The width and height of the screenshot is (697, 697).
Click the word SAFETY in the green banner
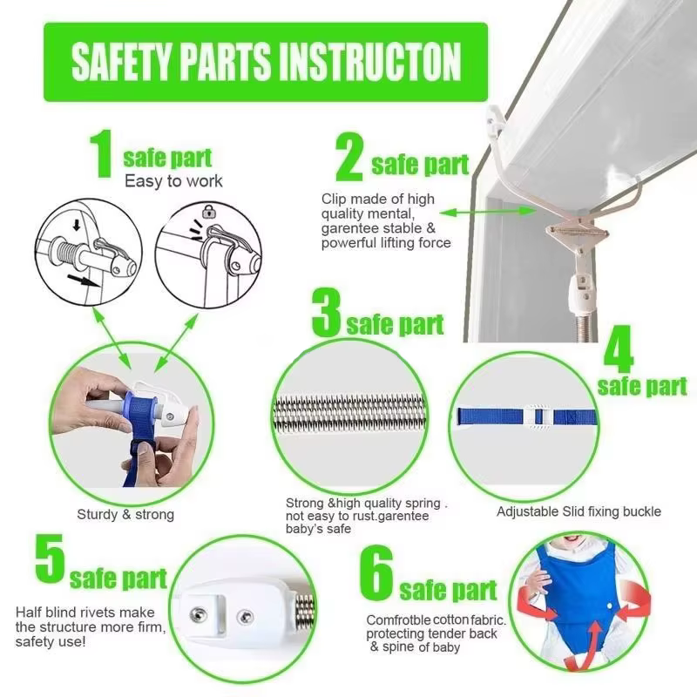click(121, 62)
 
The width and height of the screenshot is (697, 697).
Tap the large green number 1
click(102, 154)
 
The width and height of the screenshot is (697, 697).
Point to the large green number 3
click(327, 313)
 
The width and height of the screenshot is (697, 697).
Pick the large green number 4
click(619, 350)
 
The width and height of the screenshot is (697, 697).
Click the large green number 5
click(51, 558)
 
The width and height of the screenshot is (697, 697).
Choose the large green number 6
click(376, 572)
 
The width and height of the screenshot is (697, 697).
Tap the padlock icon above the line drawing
click(209, 211)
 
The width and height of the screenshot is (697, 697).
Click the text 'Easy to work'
click(173, 181)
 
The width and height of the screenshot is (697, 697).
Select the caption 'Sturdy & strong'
click(125, 514)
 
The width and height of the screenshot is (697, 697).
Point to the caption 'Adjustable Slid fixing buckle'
click(579, 511)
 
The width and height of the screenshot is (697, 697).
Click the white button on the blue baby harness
click(609, 606)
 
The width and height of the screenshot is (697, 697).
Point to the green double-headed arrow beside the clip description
click(488, 212)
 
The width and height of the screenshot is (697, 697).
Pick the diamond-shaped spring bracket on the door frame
click(577, 233)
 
